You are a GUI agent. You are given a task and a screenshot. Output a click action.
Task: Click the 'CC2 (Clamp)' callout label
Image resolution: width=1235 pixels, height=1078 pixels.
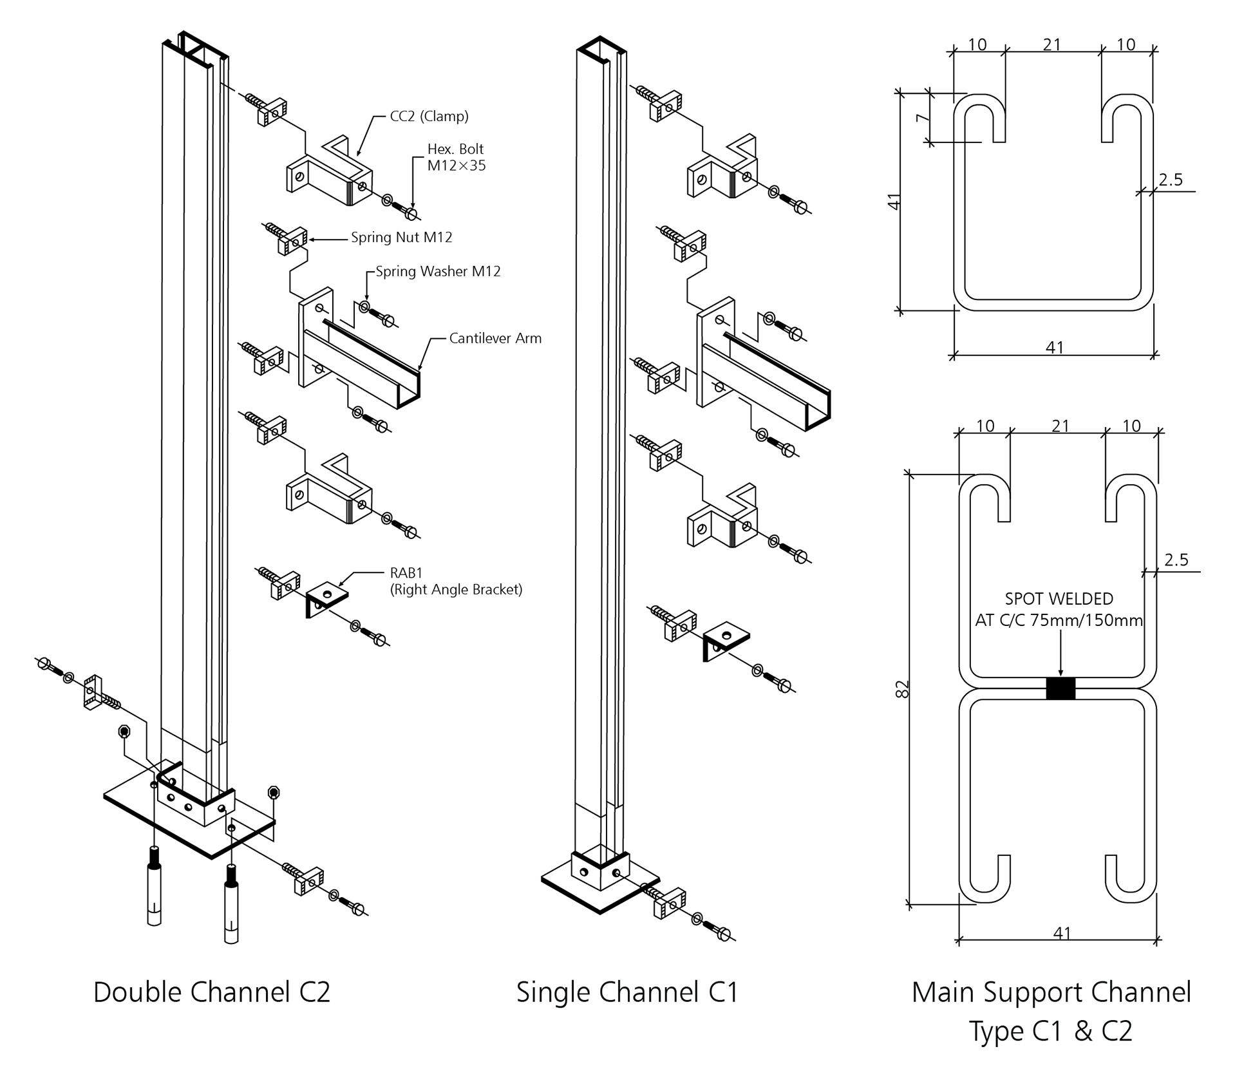[429, 117]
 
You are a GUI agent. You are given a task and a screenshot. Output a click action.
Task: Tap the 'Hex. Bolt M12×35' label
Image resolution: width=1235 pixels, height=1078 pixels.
[456, 157]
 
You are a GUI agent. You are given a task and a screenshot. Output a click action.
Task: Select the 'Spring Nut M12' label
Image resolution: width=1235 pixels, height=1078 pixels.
[401, 238]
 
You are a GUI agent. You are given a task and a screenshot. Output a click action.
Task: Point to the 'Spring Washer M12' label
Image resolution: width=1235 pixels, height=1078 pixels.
[438, 272]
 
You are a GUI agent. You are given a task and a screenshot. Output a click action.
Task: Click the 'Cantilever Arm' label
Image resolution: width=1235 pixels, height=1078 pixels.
[495, 339]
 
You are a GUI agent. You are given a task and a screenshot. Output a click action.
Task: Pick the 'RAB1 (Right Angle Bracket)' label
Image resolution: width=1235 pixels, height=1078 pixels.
[455, 581]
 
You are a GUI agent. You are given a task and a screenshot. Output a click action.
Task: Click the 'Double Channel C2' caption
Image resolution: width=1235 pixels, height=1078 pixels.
[212, 992]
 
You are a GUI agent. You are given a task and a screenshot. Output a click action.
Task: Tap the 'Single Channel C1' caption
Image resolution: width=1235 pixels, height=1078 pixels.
[627, 992]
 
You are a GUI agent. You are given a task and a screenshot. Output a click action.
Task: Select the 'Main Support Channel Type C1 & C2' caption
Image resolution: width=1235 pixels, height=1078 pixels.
[1051, 1011]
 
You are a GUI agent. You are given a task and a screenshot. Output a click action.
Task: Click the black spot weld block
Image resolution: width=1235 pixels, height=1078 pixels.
[1061, 688]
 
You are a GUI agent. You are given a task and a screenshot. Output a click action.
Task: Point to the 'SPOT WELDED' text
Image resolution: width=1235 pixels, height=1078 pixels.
[1059, 599]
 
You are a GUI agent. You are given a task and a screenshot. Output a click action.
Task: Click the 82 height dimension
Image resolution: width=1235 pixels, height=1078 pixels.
[903, 689]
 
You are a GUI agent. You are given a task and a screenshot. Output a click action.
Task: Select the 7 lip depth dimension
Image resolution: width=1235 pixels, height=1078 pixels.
[923, 118]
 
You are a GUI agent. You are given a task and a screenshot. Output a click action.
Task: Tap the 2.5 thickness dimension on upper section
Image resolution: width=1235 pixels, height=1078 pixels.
[1170, 180]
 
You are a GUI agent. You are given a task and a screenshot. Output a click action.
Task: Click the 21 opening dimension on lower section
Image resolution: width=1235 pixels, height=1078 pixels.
[1060, 426]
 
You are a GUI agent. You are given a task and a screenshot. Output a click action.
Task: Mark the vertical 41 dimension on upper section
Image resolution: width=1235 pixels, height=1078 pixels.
[894, 202]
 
